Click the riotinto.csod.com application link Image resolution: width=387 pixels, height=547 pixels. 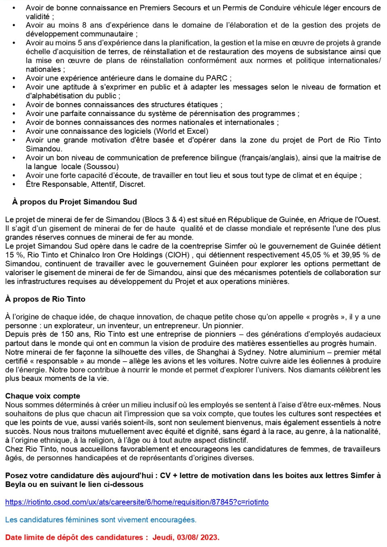click(x=137, y=502)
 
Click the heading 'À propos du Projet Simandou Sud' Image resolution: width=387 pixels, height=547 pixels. click(x=75, y=202)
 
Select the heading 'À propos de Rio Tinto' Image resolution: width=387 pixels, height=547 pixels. click(x=45, y=299)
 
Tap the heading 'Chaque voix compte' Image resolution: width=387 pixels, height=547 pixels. click(x=43, y=396)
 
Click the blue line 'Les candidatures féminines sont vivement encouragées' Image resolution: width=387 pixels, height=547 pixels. click(x=101, y=520)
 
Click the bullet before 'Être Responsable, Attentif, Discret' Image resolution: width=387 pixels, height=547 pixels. click(x=15, y=184)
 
